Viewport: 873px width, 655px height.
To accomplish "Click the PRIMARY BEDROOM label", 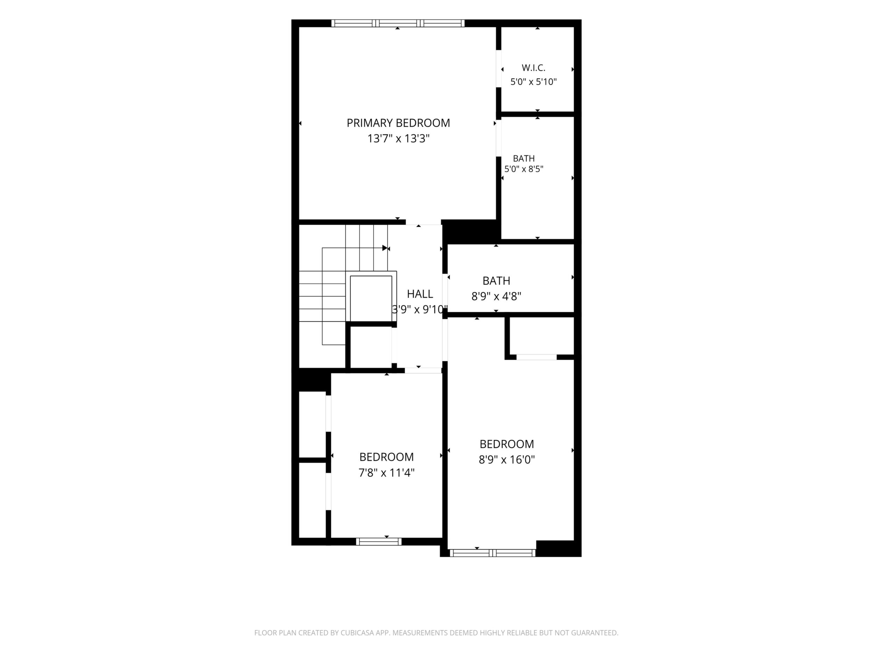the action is [x=398, y=123].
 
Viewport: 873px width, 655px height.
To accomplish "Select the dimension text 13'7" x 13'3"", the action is [x=398, y=139].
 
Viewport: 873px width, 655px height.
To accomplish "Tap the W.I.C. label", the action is [x=534, y=68].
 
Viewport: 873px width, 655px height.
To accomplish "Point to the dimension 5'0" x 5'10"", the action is [x=534, y=82].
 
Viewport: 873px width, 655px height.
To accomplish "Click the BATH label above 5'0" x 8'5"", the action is [x=524, y=158].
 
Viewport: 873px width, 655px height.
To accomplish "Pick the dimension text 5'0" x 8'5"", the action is [x=524, y=169].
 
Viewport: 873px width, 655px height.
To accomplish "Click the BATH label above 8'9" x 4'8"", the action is [x=497, y=281].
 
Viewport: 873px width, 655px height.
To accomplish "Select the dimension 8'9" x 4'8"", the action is [x=497, y=296].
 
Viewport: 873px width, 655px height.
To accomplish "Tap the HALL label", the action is [x=420, y=294].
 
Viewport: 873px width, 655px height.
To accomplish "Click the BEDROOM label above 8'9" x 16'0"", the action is [x=507, y=444].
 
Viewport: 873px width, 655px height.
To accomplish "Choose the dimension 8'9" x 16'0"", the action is [x=507, y=459].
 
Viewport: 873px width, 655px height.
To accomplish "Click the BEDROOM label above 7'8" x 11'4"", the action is [x=386, y=457].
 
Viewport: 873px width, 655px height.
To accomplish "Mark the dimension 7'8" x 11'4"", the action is [x=386, y=473].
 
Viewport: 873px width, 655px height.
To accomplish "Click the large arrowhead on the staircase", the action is [x=385, y=248].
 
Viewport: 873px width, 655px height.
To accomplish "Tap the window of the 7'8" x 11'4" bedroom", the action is [x=379, y=542].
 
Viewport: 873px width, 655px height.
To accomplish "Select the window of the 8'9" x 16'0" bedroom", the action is [x=492, y=553].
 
